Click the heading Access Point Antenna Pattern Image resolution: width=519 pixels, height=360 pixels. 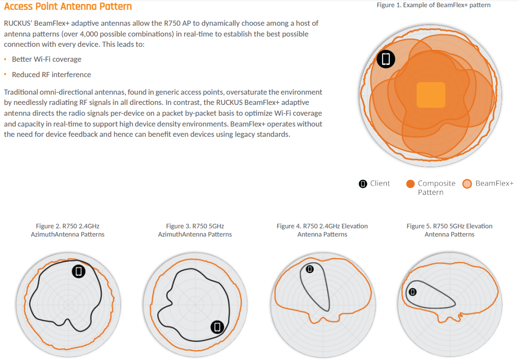pos(68,6)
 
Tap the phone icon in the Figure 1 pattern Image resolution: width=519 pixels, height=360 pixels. pos(386,59)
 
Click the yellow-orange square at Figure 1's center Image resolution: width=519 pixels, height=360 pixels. pos(431,95)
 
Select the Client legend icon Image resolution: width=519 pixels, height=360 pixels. pos(363,184)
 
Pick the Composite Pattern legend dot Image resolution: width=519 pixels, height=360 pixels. pos(410,184)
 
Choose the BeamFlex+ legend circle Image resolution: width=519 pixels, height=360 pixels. pos(467,184)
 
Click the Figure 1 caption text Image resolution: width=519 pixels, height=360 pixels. pos(434,5)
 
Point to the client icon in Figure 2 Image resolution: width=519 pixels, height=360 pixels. pos(79,272)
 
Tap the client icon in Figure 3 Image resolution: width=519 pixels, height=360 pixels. pos(218,327)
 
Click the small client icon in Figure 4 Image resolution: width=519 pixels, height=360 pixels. pos(310,269)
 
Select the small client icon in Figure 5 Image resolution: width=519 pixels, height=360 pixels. pos(413,292)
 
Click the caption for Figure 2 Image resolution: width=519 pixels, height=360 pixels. pos(67,230)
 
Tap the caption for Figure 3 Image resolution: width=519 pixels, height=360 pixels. pos(195,230)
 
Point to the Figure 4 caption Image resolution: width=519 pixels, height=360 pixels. pos(323,230)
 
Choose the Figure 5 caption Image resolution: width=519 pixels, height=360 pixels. pos(450,230)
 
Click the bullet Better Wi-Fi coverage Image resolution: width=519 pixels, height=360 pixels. pos(47,59)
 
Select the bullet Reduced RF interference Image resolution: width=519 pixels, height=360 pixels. pos(51,75)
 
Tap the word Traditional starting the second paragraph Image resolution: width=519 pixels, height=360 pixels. pos(21,92)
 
